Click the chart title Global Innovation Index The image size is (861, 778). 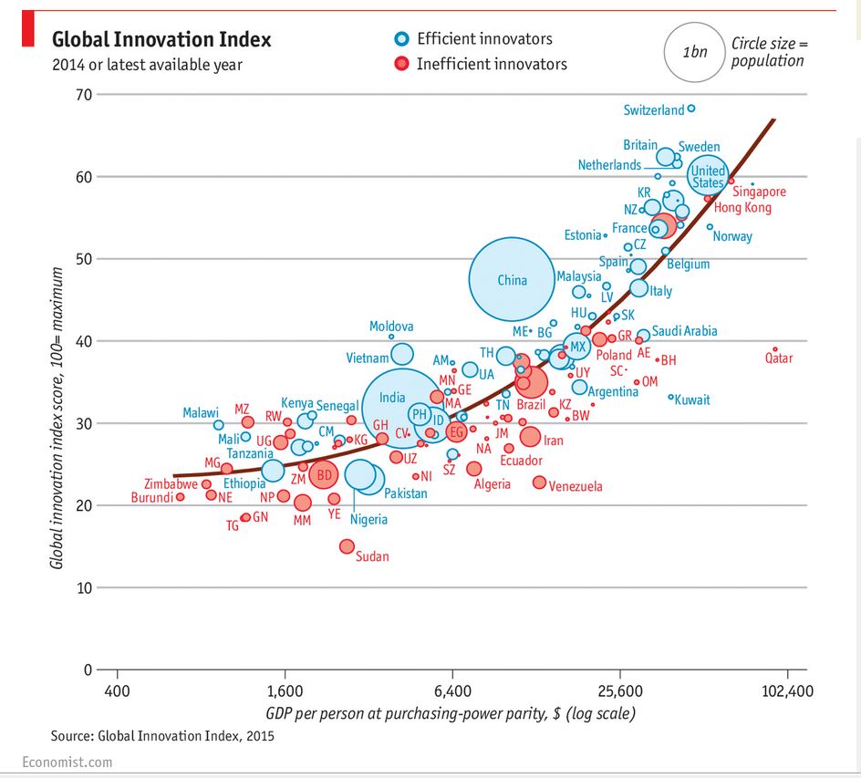(x=161, y=39)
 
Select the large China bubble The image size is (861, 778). (x=512, y=280)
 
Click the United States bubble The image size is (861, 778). (x=708, y=172)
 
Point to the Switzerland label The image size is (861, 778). (x=653, y=110)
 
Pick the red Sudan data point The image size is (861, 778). (x=347, y=546)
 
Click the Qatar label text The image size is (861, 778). (x=779, y=358)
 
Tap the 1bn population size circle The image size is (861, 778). (x=694, y=51)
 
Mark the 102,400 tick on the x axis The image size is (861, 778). (x=787, y=691)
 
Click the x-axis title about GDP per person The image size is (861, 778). (x=451, y=712)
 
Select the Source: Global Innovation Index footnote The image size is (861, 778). (x=162, y=734)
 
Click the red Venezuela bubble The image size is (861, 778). (x=539, y=482)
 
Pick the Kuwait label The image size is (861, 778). (x=691, y=399)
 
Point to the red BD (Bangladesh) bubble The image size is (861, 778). (x=324, y=474)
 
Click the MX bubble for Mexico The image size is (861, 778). (x=576, y=347)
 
